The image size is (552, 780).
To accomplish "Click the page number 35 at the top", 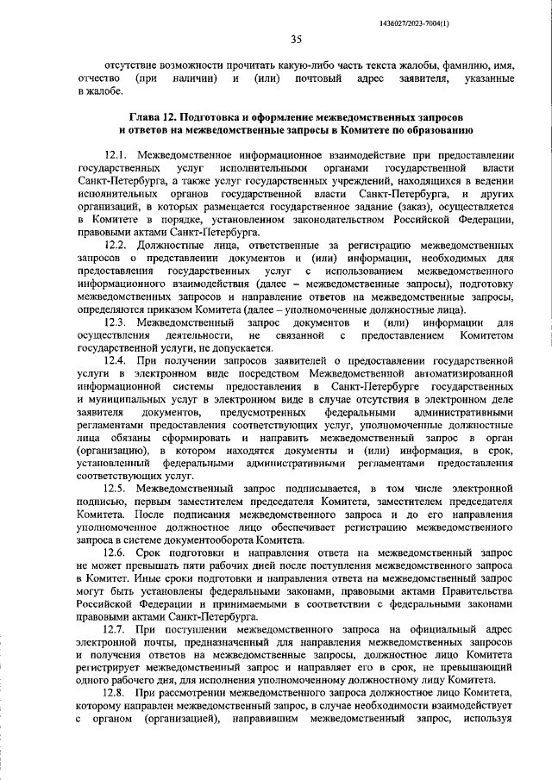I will pos(295,38).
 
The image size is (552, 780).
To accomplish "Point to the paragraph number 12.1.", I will pos(117,153).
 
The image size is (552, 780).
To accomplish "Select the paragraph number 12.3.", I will pos(117,322).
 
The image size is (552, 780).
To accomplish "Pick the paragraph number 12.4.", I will pos(117,361).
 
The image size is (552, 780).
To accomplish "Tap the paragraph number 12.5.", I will pos(117,489).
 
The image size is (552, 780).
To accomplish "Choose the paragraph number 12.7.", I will pos(117,628).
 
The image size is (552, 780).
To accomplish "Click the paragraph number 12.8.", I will pos(117,692).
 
